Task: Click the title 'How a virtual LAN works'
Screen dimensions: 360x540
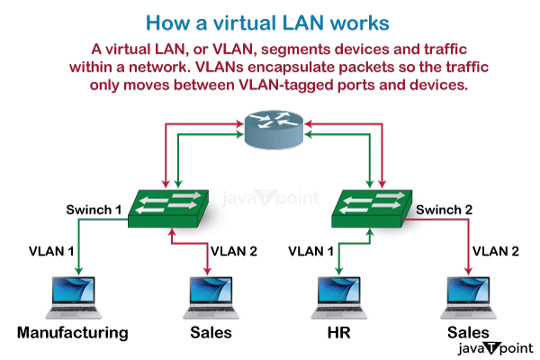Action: (x=269, y=20)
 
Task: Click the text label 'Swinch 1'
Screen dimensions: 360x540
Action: (x=94, y=209)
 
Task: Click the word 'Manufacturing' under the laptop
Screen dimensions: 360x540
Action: (x=72, y=333)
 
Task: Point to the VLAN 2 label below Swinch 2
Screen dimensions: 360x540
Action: (x=496, y=250)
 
